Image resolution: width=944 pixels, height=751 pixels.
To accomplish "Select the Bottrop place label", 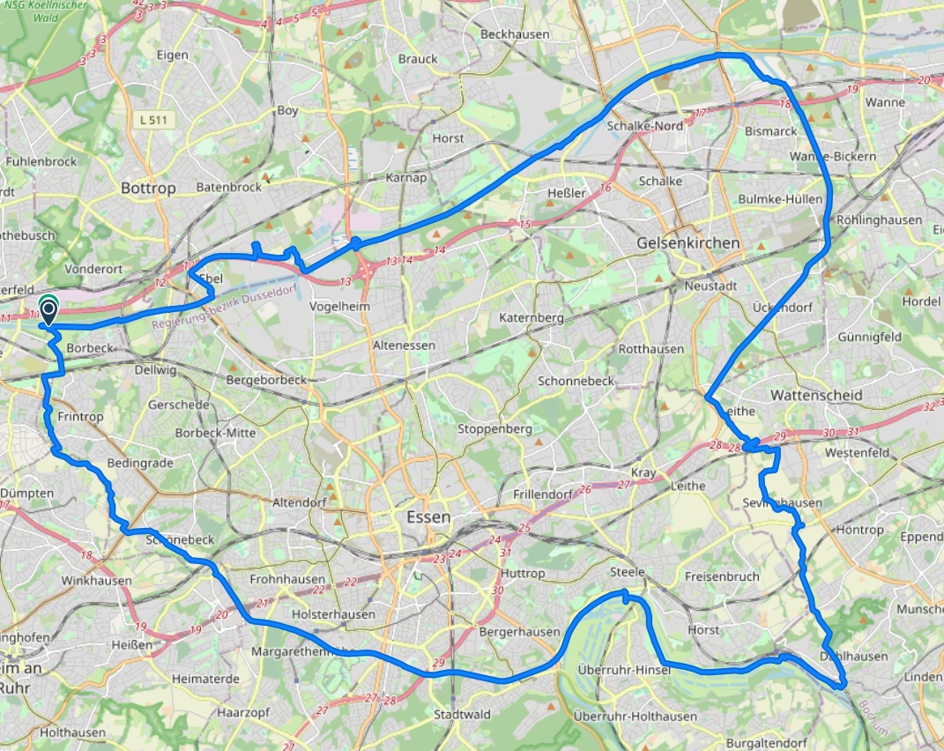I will (x=148, y=188).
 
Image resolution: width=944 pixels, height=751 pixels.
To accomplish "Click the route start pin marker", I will (x=48, y=311).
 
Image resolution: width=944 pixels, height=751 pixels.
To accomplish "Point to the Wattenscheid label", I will (x=816, y=396).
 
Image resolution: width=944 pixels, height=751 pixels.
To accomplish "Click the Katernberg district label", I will (x=530, y=316).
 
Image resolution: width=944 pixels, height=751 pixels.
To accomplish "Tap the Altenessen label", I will (x=404, y=346).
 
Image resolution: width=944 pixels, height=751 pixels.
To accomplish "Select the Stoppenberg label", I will (x=494, y=429).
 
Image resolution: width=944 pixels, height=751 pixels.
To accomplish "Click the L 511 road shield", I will (x=158, y=119).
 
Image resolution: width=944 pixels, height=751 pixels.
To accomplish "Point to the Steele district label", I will (x=628, y=573).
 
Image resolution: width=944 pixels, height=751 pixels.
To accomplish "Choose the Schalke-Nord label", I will (x=645, y=126).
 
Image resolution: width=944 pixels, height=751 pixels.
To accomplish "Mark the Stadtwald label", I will (x=462, y=715).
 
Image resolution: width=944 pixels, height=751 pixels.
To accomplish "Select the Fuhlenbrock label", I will (x=41, y=162).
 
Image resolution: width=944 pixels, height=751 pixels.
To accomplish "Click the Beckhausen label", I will (x=515, y=34).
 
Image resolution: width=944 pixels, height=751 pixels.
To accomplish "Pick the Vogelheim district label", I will (x=339, y=306).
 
